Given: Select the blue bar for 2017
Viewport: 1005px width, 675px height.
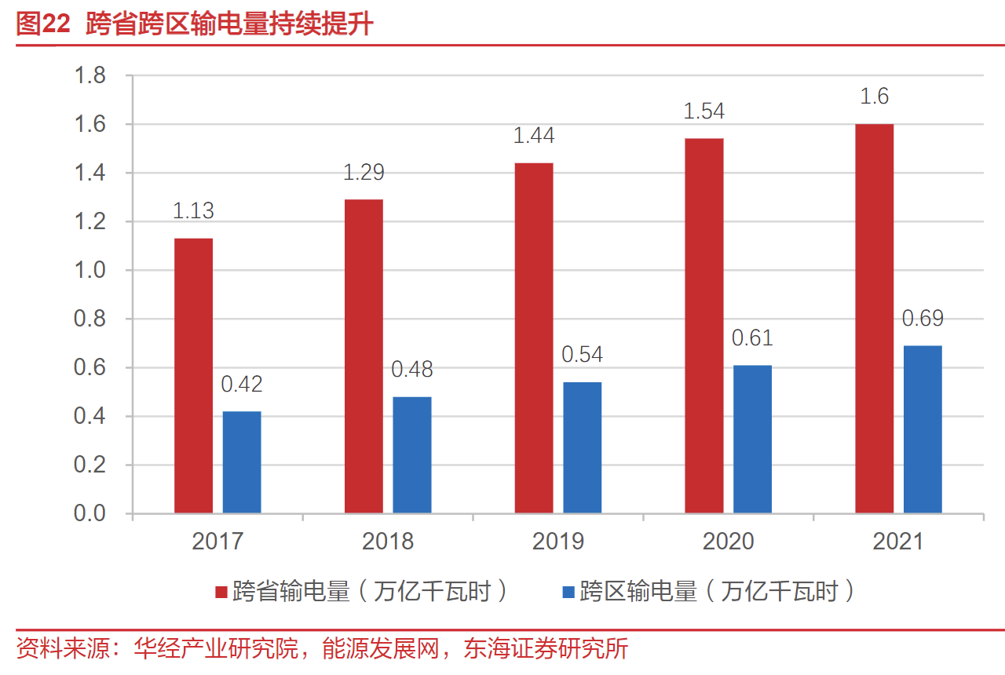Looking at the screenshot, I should pos(242,462).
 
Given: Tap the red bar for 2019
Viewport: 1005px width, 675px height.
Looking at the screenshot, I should pos(534,337).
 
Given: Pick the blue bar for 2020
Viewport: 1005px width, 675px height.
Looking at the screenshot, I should pos(752,439).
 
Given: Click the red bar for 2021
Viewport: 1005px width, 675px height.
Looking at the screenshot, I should pos(874,319).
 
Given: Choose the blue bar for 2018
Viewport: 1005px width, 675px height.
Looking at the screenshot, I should pos(412,455).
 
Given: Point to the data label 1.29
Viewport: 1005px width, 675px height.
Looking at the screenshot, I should pos(364,172).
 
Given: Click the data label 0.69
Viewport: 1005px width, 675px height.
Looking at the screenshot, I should pos(923,319).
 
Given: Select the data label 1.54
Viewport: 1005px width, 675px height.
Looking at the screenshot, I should pos(704,111).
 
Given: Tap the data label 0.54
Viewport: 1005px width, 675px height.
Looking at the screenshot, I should pos(582,355).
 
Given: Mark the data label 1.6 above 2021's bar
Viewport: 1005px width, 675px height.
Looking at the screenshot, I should pos(874,97).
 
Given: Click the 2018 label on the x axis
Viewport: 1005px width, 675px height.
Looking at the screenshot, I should pos(388,541).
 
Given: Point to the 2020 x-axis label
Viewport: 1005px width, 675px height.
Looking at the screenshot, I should pos(728,541).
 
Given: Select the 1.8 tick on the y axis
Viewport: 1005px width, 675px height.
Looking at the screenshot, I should pos(90,76).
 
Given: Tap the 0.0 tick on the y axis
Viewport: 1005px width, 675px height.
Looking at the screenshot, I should pos(90,513).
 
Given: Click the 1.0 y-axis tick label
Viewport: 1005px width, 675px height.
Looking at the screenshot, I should pos(90,271).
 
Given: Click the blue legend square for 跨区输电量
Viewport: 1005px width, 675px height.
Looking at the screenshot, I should pos(568,591).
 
